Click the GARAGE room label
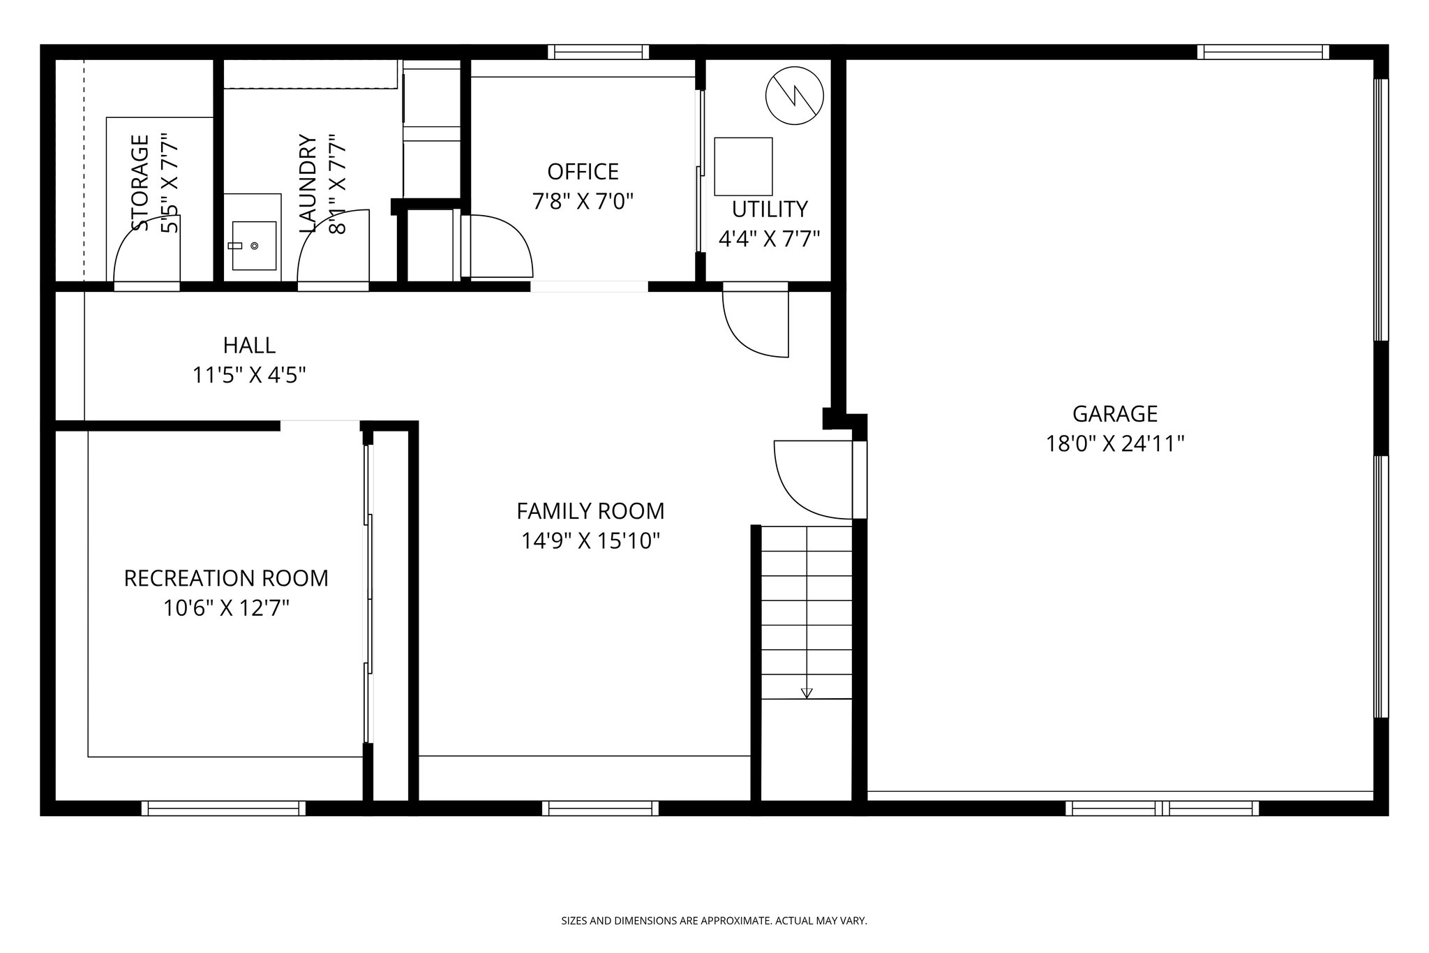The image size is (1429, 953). coord(1114,414)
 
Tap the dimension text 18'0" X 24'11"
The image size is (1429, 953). coord(1114,444)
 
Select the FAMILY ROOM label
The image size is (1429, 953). coord(590,511)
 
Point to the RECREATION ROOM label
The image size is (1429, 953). coord(226,578)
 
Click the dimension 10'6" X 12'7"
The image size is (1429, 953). coord(226,609)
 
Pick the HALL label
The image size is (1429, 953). coord(249,345)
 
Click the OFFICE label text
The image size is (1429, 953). coord(583,172)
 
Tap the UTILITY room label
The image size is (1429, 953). coord(770,209)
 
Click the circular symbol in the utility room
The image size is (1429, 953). coord(794,96)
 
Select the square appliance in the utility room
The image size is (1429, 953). coord(743,166)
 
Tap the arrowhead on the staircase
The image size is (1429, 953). coord(807,693)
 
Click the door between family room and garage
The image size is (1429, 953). coord(813,480)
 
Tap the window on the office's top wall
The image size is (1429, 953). coord(598,52)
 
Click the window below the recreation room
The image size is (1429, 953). coord(223,808)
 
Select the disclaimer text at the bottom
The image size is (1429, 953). coord(714,921)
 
